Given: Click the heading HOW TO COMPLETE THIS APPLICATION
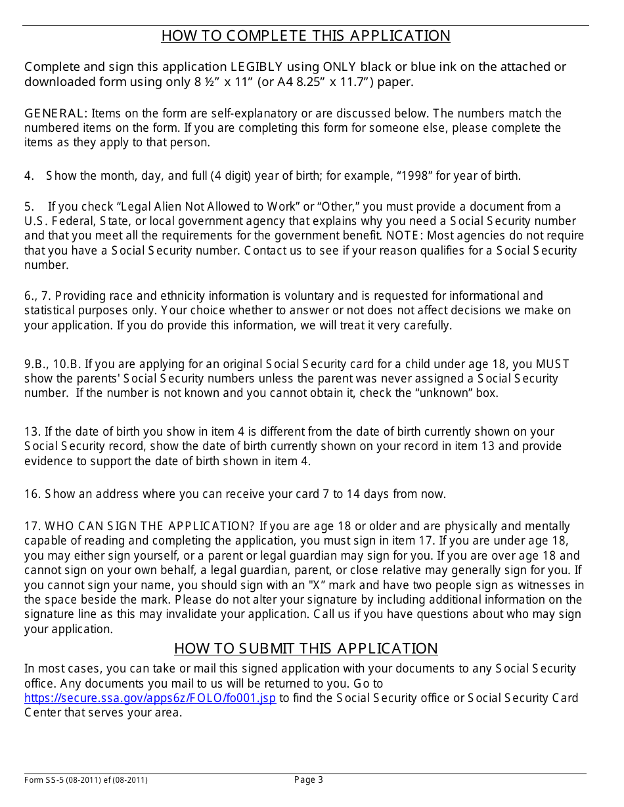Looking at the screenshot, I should (305, 36).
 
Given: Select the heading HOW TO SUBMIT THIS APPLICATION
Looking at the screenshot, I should (305, 649).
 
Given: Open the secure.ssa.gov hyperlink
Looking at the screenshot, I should (150, 698).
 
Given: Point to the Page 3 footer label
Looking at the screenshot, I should (308, 780).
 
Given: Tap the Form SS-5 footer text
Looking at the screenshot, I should (85, 780).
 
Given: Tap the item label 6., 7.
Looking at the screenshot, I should (38, 296).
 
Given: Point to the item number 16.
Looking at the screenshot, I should (33, 494).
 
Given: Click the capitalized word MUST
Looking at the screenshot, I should (552, 364).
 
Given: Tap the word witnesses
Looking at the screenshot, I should (545, 585).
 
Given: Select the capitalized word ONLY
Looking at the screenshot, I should (340, 67).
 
